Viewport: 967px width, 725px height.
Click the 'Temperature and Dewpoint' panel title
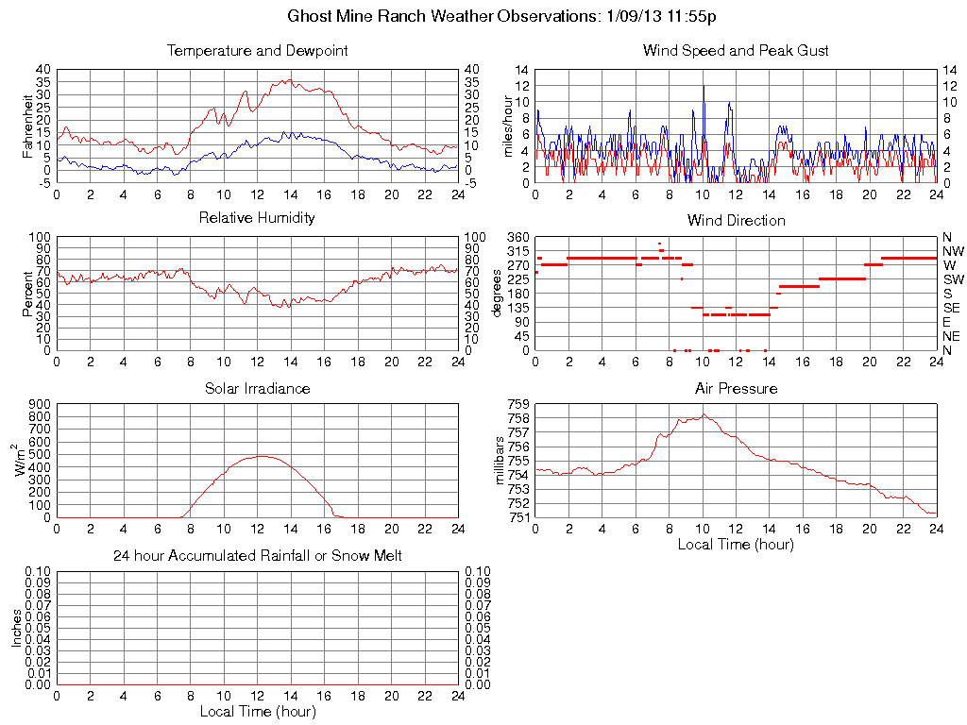[x=257, y=51]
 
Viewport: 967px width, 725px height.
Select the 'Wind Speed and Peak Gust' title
[x=736, y=51]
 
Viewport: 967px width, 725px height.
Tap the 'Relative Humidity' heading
[x=257, y=218]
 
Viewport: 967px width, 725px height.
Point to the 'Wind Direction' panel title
[x=736, y=221]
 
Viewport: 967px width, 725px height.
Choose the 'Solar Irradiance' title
[x=257, y=389]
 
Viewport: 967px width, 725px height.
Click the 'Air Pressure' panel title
[x=736, y=389]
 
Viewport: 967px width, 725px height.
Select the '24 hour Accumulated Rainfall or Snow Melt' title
[x=257, y=556]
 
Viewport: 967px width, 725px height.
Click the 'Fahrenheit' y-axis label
[x=27, y=126]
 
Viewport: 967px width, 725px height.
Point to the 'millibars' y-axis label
[x=500, y=460]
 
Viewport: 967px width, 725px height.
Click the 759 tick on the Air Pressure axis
[x=517, y=404]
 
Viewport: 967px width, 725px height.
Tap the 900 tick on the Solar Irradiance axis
[x=39, y=404]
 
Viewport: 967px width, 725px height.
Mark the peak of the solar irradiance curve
[x=260, y=456]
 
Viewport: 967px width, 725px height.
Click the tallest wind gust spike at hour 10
[x=703, y=87]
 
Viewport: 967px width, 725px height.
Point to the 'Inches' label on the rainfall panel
[x=16, y=628]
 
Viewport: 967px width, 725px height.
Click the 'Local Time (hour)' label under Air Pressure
[x=736, y=545]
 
